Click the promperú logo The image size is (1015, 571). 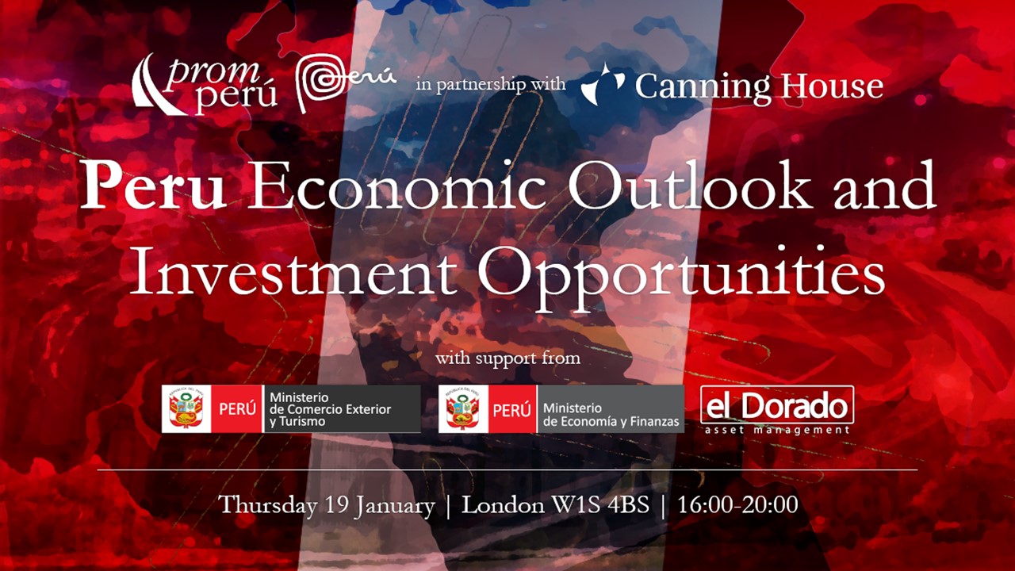tap(205, 85)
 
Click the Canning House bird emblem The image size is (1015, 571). tap(603, 85)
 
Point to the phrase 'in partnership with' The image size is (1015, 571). tap(491, 84)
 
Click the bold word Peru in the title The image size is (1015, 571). tap(153, 186)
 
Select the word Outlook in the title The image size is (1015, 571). tap(690, 185)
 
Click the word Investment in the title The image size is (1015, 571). tap(293, 272)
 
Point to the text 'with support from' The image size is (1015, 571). tap(507, 358)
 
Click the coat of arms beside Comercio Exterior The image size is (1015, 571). tap(186, 408)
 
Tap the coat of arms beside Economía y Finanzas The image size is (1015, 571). tap(463, 408)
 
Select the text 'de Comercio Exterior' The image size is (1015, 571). tap(331, 409)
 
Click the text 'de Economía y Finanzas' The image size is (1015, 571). tap(611, 421)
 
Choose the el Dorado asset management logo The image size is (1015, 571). tap(777, 410)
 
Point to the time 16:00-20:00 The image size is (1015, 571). tap(737, 505)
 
